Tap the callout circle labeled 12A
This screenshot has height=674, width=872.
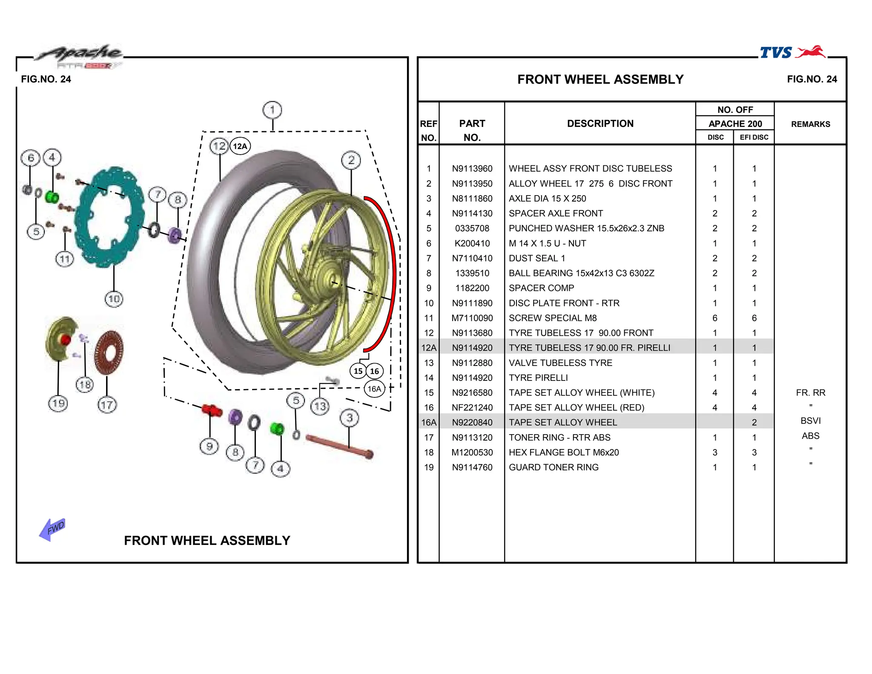click(240, 146)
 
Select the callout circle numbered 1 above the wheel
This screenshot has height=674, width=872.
click(272, 110)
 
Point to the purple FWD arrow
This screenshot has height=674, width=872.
click(52, 530)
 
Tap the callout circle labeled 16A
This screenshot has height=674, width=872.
click(374, 389)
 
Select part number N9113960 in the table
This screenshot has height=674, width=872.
click(472, 169)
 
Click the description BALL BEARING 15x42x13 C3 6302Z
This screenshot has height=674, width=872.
click(581, 273)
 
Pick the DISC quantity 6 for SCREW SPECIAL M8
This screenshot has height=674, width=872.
click(714, 318)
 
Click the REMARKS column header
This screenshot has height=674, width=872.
click(810, 124)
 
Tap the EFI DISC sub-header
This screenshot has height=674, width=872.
click(754, 137)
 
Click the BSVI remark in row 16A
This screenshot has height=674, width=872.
click(810, 421)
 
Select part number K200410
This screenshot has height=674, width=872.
click(472, 243)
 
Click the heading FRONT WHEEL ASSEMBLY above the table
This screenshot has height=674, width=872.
click(600, 79)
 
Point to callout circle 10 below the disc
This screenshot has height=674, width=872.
click(114, 299)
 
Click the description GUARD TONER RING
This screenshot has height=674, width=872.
click(554, 467)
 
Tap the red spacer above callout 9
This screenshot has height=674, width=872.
click(212, 410)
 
